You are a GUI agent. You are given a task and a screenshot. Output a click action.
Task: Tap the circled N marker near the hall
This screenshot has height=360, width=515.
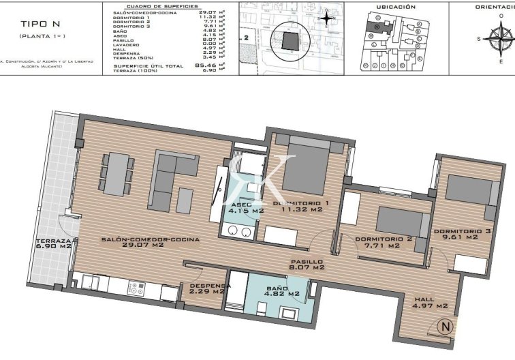(x=446, y=326)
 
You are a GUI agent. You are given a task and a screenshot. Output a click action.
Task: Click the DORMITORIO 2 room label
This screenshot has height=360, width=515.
(x=384, y=242)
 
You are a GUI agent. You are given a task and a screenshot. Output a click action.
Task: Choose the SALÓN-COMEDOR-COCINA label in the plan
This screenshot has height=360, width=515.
(x=150, y=243)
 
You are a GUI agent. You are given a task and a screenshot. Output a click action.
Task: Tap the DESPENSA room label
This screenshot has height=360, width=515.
(x=207, y=288)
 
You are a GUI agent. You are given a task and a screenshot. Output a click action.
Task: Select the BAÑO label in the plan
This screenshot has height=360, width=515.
(x=276, y=293)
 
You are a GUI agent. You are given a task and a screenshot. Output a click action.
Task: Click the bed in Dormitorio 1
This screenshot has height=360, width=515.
(x=305, y=167)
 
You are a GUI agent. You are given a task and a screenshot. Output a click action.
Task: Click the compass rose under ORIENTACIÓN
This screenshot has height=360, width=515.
(x=505, y=40)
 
